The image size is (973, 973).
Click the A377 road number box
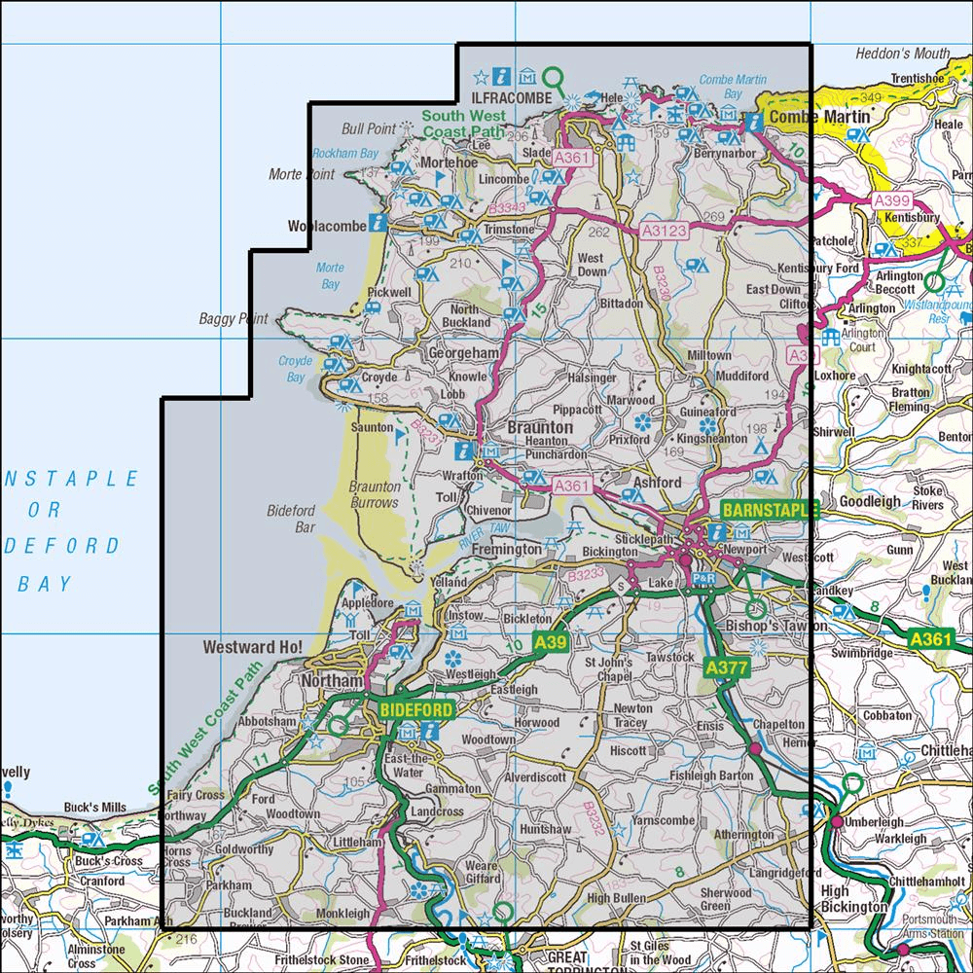coord(725,668)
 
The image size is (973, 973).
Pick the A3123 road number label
coord(666,231)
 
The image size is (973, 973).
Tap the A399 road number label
coord(892,200)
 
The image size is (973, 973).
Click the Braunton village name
coord(539,427)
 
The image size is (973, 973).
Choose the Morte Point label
coord(301,174)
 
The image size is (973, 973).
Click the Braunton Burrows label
coord(374,494)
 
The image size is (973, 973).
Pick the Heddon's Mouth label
coord(902,54)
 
